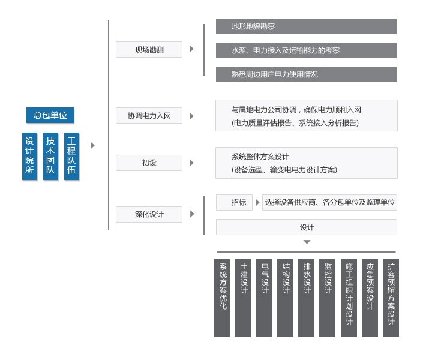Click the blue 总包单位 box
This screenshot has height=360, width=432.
click(x=50, y=115)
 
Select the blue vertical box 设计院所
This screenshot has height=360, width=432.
click(x=30, y=156)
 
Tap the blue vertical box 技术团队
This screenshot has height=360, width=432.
click(x=50, y=156)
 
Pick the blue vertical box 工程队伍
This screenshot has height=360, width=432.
click(x=71, y=156)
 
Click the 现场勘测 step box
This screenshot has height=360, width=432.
click(x=149, y=50)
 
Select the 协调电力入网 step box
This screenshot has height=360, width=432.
click(x=149, y=115)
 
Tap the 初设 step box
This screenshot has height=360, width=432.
click(x=149, y=163)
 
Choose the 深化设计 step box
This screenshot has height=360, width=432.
click(x=149, y=214)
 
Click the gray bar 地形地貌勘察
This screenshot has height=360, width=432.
click(x=307, y=26)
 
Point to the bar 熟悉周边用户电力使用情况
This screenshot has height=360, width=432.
click(x=307, y=74)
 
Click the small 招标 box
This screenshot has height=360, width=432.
click(x=234, y=202)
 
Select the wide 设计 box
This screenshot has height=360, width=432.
click(x=307, y=227)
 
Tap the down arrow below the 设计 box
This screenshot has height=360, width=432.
click(x=307, y=242)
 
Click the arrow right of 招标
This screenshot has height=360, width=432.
click(x=257, y=202)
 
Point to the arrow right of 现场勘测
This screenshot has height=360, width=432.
click(x=192, y=49)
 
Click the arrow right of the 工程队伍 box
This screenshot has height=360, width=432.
click(x=92, y=145)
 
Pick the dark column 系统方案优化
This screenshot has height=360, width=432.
click(x=221, y=298)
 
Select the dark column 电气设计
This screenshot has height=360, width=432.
click(x=263, y=298)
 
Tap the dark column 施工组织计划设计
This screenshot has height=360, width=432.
click(x=349, y=298)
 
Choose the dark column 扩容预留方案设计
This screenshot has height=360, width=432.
click(x=391, y=298)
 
